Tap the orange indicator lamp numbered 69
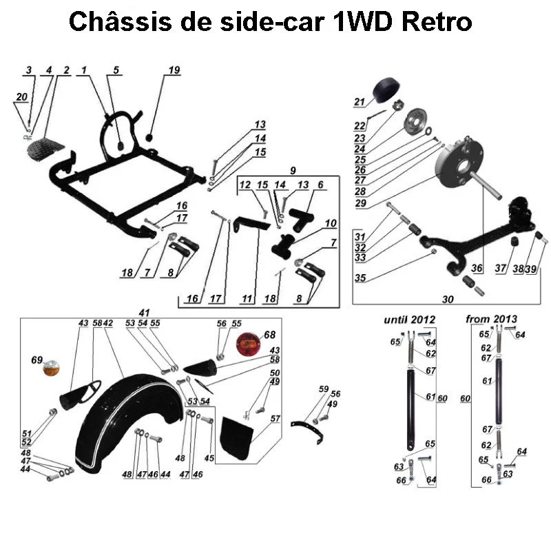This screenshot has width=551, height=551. coord(52,369)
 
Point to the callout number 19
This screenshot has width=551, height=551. coord(174,70)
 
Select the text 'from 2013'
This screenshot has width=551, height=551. coord(492,320)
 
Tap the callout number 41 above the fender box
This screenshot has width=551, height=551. coord(144,312)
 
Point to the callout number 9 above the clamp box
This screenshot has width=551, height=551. coord(292,169)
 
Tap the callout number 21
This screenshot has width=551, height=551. coord(359,103)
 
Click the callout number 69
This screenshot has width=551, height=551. coord(36,360)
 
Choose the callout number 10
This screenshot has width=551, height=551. coord(331,223)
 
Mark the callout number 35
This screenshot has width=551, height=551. coord(360,278)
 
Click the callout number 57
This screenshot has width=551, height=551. coord(275,418)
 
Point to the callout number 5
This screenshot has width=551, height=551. coord(116,70)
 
